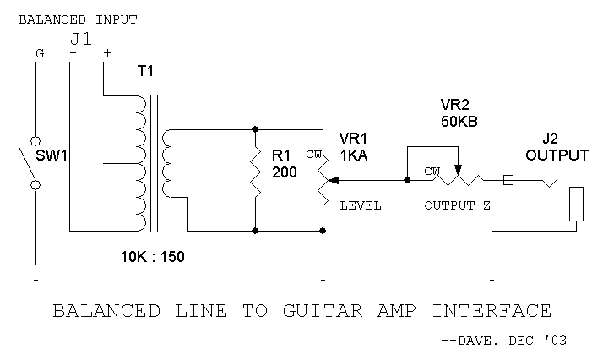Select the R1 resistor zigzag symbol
point(255,179)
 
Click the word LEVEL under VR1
point(361,205)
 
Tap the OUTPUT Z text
point(459,205)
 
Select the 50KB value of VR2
point(459,122)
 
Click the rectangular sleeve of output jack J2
point(576,205)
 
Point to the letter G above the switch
point(38,53)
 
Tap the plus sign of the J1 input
point(106,53)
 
